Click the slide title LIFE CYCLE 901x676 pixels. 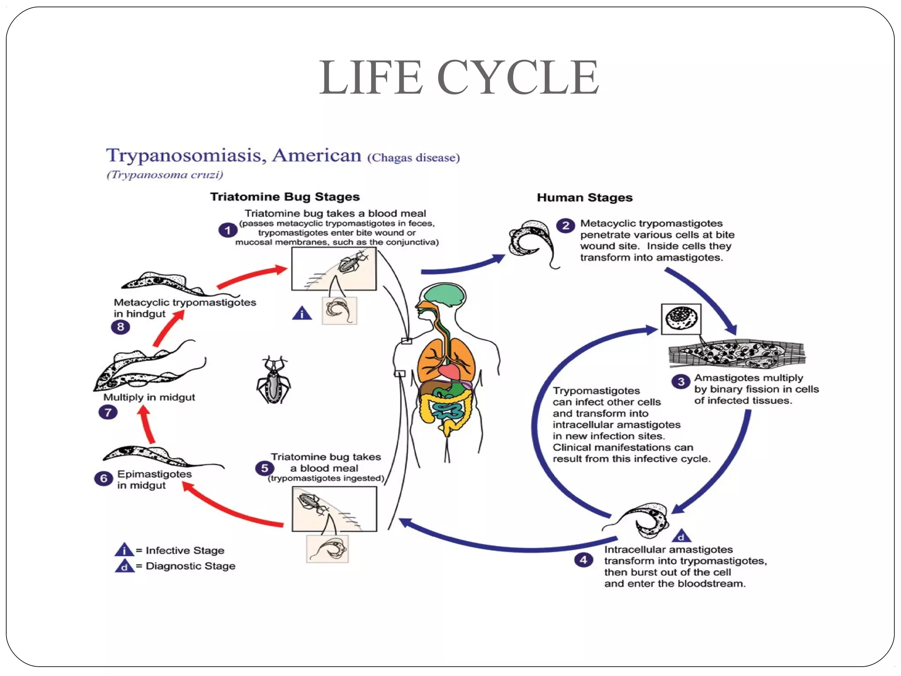pos(458,77)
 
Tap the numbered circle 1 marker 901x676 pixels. pos(227,230)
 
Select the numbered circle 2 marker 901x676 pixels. pos(566,226)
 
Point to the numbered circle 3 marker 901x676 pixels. pos(681,382)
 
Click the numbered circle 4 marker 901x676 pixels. pos(583,560)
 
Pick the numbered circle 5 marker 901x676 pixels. pos(264,468)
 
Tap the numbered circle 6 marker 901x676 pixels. pos(103,478)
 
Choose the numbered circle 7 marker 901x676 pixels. pos(108,412)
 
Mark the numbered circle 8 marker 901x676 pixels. pos(120,327)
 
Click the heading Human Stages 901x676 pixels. pos(584,198)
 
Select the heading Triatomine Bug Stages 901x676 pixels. pos(285,197)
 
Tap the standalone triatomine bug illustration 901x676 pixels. pos(274,381)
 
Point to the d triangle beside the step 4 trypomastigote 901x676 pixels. pos(681,536)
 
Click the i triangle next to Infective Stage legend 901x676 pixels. pos(124,550)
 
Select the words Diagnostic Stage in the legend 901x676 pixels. pos(190,566)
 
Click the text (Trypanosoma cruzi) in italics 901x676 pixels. pos(165,175)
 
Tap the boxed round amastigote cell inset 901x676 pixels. pos(681,319)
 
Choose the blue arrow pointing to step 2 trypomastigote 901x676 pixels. pos(462,266)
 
